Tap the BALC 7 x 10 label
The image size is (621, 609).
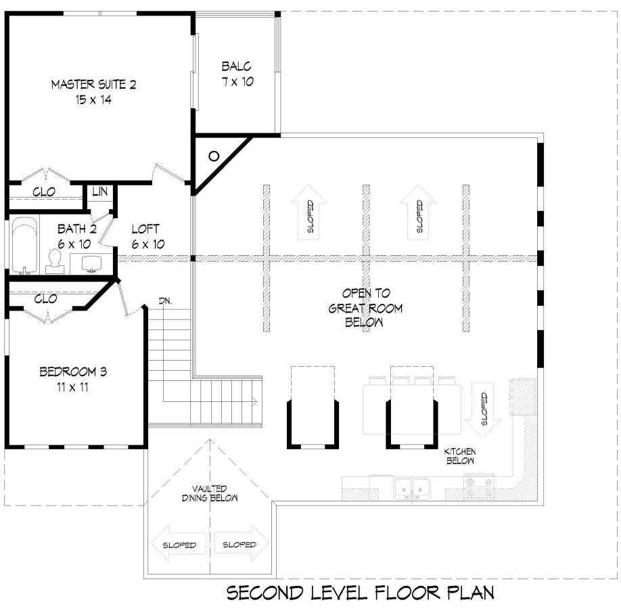point(237,74)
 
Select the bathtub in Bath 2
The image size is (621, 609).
point(24,246)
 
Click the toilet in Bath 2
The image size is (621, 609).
point(55,262)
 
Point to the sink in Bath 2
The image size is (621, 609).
point(92,264)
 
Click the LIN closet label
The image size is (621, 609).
point(100,191)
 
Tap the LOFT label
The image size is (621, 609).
point(145,229)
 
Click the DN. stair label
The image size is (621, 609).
point(166,301)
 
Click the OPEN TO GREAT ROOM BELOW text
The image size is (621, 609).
point(365,307)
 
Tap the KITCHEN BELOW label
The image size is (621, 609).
point(460,456)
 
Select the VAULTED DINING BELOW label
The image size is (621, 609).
point(210,493)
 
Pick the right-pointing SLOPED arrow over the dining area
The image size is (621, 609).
point(241,544)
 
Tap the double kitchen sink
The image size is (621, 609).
point(412,488)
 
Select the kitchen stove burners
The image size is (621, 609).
point(479,487)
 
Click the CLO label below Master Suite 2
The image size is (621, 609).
point(44,192)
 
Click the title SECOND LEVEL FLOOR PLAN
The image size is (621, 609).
point(361,593)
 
